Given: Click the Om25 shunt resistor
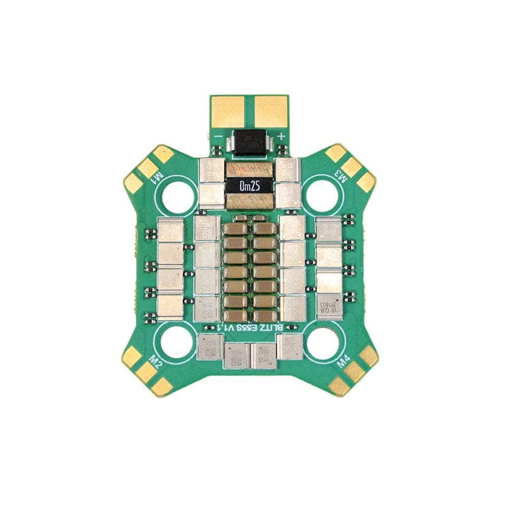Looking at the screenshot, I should click(249, 186).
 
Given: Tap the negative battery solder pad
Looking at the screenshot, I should click(228, 111).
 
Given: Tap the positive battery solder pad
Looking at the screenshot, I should click(271, 111).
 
